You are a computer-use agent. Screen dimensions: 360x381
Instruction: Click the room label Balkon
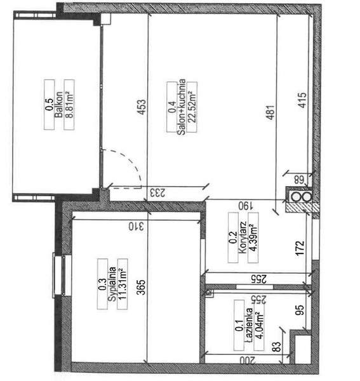pyautogui.click(x=58, y=105)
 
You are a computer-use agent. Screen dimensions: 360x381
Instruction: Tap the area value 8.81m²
pyautogui.click(x=70, y=105)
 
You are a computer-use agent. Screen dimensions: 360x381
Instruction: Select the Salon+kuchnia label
pyautogui.click(x=181, y=107)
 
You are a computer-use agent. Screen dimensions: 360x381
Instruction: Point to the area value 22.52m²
pyautogui.click(x=192, y=107)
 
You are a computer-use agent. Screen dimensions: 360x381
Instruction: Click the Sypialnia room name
pyautogui.click(x=112, y=284)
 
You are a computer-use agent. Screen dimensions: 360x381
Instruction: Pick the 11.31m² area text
pyautogui.click(x=123, y=284)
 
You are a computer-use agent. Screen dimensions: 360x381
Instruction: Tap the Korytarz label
pyautogui.click(x=243, y=237)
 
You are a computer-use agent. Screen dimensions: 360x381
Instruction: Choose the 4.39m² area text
pyautogui.click(x=253, y=237)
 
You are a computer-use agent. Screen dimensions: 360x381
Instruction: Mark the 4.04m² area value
pyautogui.click(x=259, y=326)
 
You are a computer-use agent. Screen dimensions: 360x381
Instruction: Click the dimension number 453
pyautogui.click(x=142, y=107)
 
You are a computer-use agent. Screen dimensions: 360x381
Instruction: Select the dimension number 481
pyautogui.click(x=270, y=112)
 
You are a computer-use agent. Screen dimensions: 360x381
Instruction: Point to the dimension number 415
pyautogui.click(x=302, y=100)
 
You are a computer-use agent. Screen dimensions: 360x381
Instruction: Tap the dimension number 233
pyautogui.click(x=157, y=192)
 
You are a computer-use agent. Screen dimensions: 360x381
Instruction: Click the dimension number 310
pyautogui.click(x=137, y=227)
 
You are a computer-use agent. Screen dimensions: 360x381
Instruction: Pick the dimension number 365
pyautogui.click(x=141, y=288)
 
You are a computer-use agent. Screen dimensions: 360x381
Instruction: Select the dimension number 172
pyautogui.click(x=300, y=248)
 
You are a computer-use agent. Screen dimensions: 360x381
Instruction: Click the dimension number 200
pyautogui.click(x=248, y=360)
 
